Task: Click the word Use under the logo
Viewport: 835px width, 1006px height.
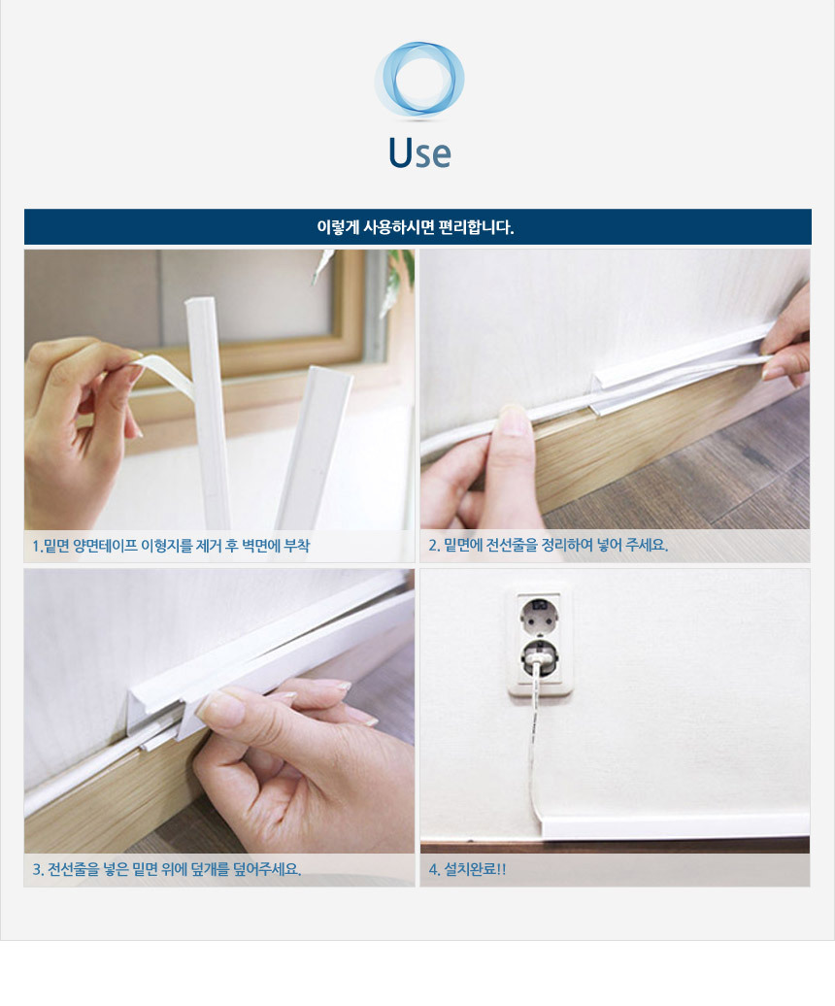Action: (420, 152)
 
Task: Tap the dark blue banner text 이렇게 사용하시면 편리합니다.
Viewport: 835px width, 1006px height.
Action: (416, 227)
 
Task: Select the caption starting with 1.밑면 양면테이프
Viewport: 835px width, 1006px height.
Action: (171, 546)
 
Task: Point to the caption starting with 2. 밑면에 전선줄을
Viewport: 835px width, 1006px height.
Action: (549, 546)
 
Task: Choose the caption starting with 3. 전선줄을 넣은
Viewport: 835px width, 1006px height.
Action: (167, 869)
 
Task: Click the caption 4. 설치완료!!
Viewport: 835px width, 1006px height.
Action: (468, 869)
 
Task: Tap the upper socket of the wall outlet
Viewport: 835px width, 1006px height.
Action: (539, 613)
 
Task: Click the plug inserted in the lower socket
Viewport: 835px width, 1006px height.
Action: (538, 659)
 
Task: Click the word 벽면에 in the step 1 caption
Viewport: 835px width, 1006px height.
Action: (261, 546)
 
